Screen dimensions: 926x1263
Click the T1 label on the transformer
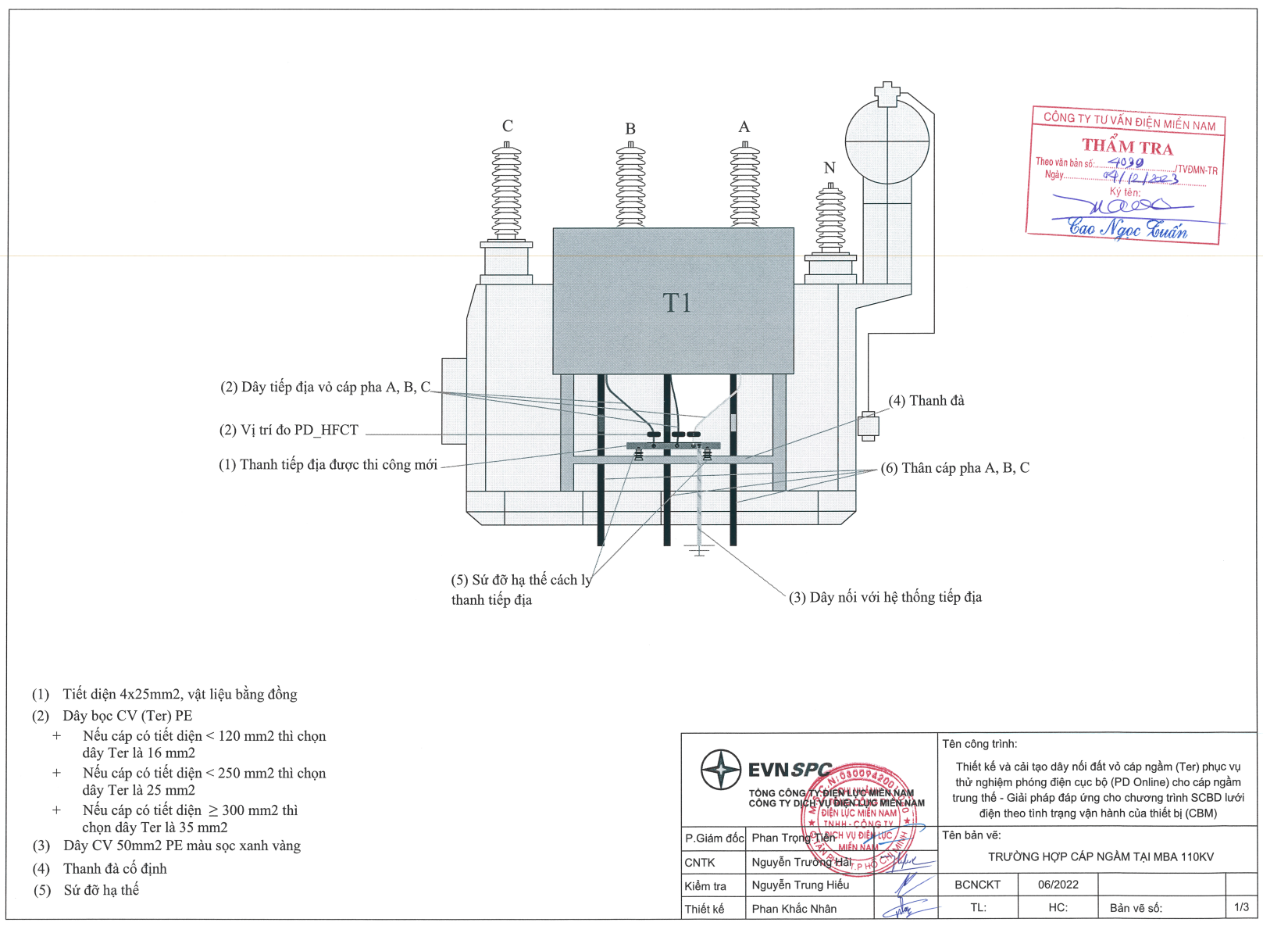[x=676, y=303]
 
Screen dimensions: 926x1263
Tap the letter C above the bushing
[x=508, y=126]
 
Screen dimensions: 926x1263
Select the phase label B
[x=630, y=129]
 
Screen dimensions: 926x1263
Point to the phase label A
[x=744, y=127]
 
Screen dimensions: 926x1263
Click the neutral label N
[x=830, y=168]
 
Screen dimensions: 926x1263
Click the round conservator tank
[x=887, y=141]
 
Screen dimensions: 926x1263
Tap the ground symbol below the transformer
[x=699, y=551]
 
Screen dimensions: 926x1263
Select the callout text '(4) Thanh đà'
[x=926, y=401]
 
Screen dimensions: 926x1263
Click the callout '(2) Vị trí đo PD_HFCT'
[x=289, y=431]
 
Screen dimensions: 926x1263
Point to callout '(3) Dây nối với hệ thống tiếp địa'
[x=885, y=598]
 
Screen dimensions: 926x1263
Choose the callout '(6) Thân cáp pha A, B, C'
[x=954, y=468]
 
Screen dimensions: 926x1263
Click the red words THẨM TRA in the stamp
[x=1127, y=147]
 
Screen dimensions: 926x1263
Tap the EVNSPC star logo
[x=720, y=770]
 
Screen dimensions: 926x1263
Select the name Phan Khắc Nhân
[x=794, y=909]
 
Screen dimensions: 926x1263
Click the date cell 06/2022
[x=1058, y=885]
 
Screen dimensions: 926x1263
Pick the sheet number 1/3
[x=1241, y=907]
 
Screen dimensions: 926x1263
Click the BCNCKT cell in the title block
[x=977, y=885]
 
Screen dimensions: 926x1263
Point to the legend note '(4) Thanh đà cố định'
[x=114, y=869]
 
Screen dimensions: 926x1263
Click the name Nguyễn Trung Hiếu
[x=800, y=885]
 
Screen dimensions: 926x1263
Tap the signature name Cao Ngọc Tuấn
[x=1127, y=229]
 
